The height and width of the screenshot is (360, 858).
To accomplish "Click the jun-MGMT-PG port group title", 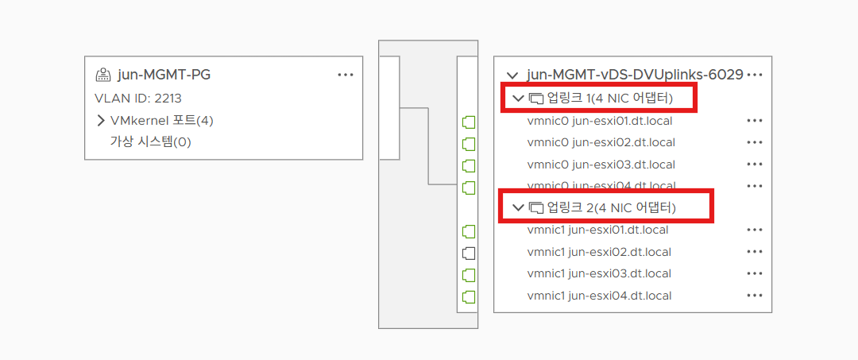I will click(x=164, y=75).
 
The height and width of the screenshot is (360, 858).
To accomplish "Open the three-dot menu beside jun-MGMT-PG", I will click(x=345, y=75).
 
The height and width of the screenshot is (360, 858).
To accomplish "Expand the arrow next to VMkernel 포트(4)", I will click(x=101, y=121).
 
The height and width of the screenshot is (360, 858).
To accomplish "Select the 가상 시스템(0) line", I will click(x=150, y=142).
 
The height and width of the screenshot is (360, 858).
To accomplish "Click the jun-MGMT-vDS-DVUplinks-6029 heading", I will click(x=635, y=75).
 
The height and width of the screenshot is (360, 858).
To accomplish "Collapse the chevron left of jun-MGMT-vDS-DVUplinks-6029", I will click(x=512, y=75).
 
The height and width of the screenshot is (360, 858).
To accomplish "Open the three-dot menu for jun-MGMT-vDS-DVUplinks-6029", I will click(x=755, y=75).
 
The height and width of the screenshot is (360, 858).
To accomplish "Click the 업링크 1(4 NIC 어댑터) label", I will click(x=609, y=99).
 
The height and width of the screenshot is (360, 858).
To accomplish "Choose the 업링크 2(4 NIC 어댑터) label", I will click(x=611, y=207).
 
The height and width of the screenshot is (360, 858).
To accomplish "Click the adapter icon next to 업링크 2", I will click(x=536, y=207).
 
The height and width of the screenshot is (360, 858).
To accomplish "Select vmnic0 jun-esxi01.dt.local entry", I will click(x=601, y=121).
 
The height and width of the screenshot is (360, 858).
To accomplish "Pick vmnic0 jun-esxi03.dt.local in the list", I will click(x=601, y=165).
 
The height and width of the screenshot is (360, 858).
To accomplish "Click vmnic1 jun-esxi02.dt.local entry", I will click(x=599, y=252).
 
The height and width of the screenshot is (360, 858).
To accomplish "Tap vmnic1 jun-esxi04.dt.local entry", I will click(x=599, y=296).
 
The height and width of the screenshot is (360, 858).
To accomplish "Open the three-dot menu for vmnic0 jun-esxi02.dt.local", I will click(x=755, y=143).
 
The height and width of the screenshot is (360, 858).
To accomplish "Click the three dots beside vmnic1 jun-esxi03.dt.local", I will click(x=755, y=273).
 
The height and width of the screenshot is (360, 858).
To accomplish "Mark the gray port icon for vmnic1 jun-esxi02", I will click(x=469, y=253).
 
